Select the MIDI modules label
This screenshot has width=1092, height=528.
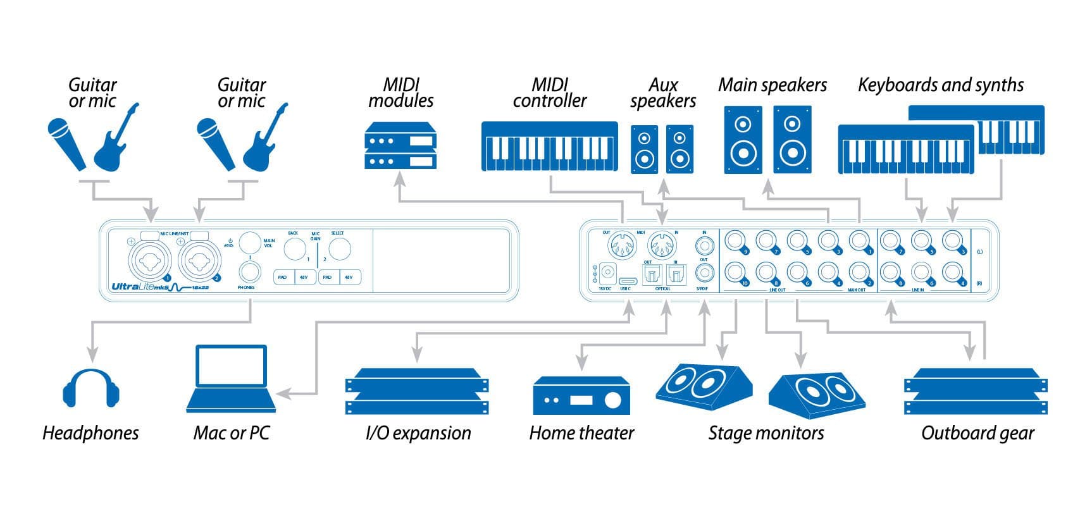tap(401, 93)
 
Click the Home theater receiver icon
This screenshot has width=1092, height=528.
tap(581, 396)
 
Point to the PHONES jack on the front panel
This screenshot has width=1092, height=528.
tap(249, 273)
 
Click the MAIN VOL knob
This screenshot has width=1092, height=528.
tap(250, 242)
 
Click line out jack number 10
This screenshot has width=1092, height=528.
tap(735, 272)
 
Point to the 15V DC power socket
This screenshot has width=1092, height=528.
tap(607, 273)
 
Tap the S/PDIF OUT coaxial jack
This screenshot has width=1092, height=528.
tap(704, 273)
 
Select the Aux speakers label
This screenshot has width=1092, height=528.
tap(663, 93)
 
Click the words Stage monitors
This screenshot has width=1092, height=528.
tap(766, 433)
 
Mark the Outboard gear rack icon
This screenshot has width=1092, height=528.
tap(976, 392)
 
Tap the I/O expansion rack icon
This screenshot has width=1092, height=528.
tap(418, 392)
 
